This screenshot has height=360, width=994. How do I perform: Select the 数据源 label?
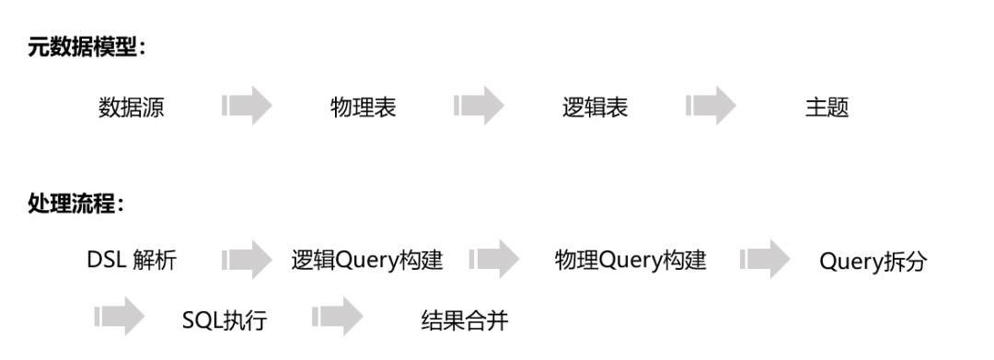pyautogui.click(x=132, y=108)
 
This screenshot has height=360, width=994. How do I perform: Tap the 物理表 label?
pyautogui.click(x=364, y=108)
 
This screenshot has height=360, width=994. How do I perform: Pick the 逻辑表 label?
pyautogui.click(x=595, y=108)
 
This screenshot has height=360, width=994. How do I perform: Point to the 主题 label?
pyautogui.click(x=826, y=108)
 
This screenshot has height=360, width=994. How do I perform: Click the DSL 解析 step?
pyautogui.click(x=132, y=261)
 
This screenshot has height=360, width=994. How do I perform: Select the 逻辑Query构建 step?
pyautogui.click(x=367, y=261)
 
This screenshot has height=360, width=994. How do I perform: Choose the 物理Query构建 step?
pyautogui.click(x=630, y=261)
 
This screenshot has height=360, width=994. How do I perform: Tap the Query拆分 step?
pyautogui.click(x=873, y=262)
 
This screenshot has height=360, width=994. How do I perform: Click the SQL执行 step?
pyautogui.click(x=225, y=321)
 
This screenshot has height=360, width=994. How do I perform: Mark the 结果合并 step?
pyautogui.click(x=465, y=321)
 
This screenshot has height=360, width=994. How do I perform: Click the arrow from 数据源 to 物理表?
pyautogui.click(x=248, y=107)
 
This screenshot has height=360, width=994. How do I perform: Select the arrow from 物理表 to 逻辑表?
pyautogui.click(x=480, y=107)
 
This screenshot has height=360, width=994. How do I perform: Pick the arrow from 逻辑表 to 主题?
pyautogui.click(x=711, y=107)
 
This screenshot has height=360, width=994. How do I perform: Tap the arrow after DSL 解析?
pyautogui.click(x=248, y=261)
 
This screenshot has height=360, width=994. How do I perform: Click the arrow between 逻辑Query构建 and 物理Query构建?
pyautogui.click(x=494, y=261)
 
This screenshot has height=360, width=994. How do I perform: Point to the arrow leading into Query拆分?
pyautogui.click(x=765, y=261)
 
